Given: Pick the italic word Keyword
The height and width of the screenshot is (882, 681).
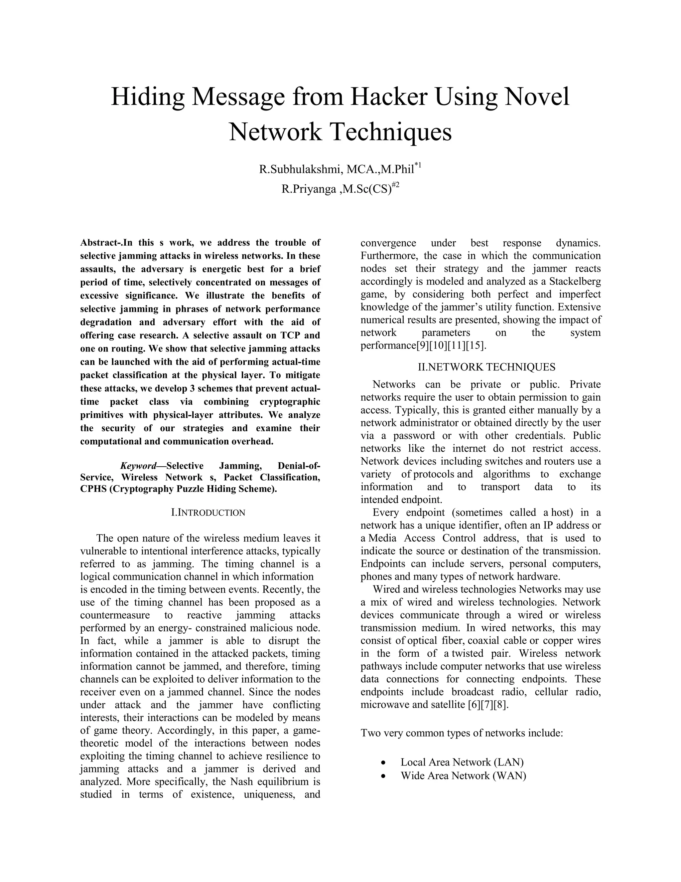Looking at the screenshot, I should [x=138, y=466].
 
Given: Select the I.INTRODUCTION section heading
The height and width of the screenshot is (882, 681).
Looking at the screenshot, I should [x=208, y=513].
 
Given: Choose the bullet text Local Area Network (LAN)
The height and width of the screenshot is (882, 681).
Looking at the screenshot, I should [x=462, y=762].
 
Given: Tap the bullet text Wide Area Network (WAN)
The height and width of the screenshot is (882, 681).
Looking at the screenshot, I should [x=463, y=776].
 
